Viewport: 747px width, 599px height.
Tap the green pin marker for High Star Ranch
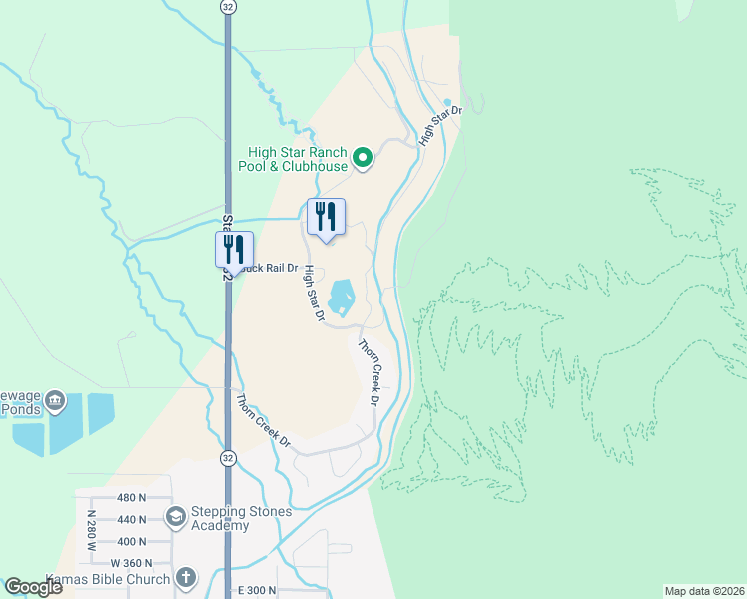point(363,158)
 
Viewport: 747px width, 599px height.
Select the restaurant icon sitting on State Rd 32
point(234,249)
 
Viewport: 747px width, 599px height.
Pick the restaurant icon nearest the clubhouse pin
point(326,216)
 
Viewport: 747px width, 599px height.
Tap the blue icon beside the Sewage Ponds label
point(55,402)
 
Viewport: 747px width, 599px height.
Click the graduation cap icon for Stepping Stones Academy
point(176,516)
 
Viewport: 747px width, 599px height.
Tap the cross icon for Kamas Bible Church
point(185,576)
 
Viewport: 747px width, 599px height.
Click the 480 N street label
point(131,497)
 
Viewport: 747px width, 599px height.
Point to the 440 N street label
point(131,519)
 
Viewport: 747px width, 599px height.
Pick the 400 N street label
point(131,541)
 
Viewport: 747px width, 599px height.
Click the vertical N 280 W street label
point(92,531)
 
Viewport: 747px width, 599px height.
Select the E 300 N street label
point(256,591)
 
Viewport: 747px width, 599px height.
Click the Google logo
point(33,587)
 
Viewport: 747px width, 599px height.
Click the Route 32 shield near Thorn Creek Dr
point(229,458)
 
